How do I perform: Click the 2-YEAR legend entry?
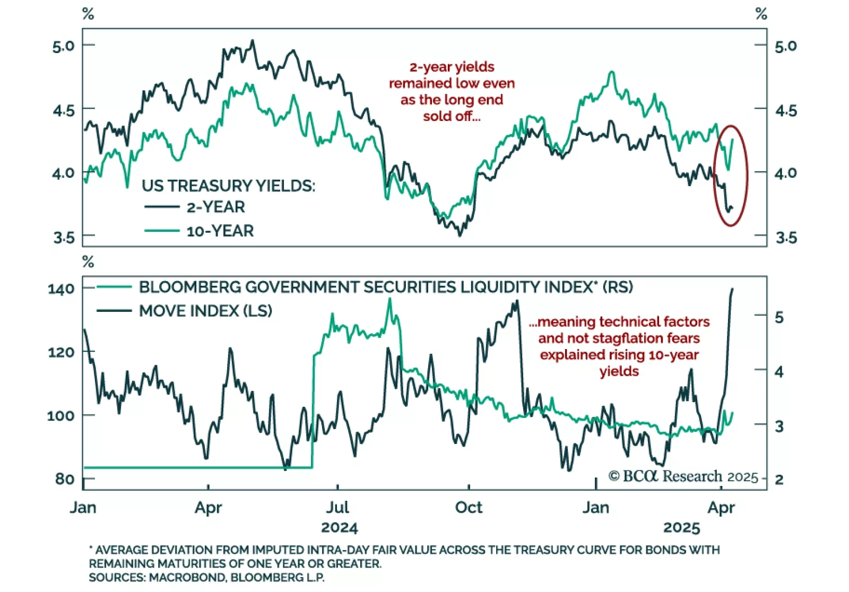click(215, 207)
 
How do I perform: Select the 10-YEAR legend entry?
click(220, 231)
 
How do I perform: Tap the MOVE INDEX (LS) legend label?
click(205, 311)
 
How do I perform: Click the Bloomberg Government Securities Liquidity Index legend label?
click(386, 287)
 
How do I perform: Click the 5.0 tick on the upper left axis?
click(63, 46)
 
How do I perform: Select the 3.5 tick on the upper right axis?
click(786, 237)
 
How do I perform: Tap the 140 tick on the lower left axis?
click(61, 289)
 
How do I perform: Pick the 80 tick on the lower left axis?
click(64, 478)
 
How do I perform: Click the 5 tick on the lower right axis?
click(779, 317)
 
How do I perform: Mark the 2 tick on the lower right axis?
click(779, 479)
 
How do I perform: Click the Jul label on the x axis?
click(337, 508)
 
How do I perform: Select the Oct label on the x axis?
click(469, 508)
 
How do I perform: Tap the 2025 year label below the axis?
click(681, 528)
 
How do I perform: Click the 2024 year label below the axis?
click(340, 528)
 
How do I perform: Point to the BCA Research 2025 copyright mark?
click(683, 476)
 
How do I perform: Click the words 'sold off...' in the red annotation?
click(452, 116)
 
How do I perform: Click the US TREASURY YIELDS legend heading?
click(228, 186)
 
